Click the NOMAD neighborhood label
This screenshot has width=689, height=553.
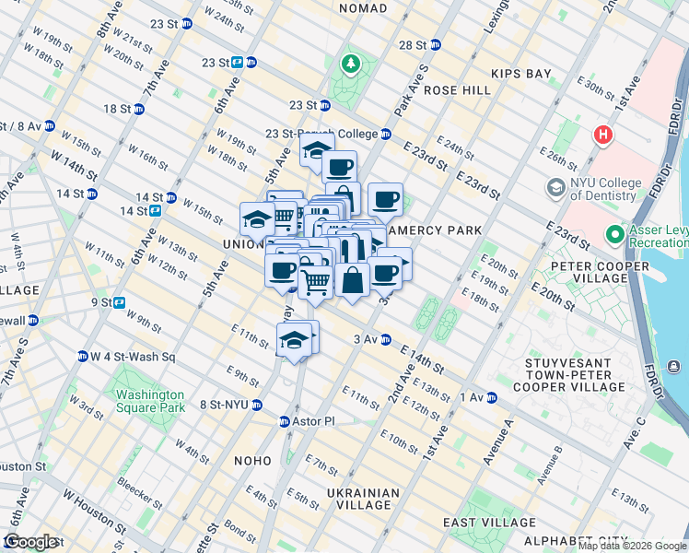click(x=363, y=8)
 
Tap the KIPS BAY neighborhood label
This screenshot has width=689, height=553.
click(x=520, y=72)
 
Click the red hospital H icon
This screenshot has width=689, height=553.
click(x=603, y=135)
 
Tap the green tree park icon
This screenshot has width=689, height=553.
click(x=350, y=65)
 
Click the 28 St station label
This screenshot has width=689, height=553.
click(x=413, y=44)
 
